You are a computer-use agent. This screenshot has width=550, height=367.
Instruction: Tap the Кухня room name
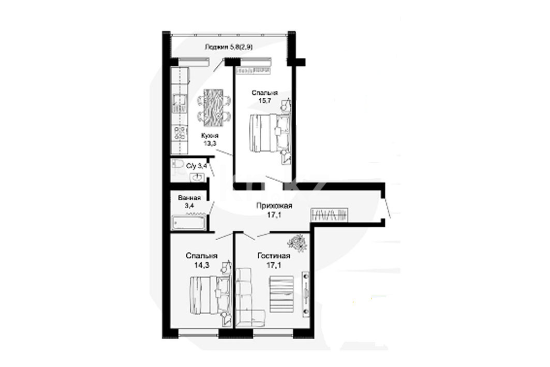point(210,136)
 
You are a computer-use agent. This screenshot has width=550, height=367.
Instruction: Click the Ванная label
point(189,198)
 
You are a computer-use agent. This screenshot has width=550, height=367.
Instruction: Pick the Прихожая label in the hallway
point(274,205)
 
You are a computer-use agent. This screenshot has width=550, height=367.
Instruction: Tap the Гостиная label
point(274,256)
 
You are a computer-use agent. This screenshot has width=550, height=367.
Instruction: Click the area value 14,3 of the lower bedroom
point(201,265)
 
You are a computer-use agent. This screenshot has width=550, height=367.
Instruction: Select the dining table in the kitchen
point(214,108)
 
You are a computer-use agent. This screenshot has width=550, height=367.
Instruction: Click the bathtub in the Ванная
point(188,222)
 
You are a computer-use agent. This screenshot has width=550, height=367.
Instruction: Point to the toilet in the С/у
point(177,165)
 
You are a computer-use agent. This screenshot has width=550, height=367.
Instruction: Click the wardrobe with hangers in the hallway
point(330,214)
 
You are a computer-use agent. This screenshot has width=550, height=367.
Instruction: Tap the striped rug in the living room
point(281,293)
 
